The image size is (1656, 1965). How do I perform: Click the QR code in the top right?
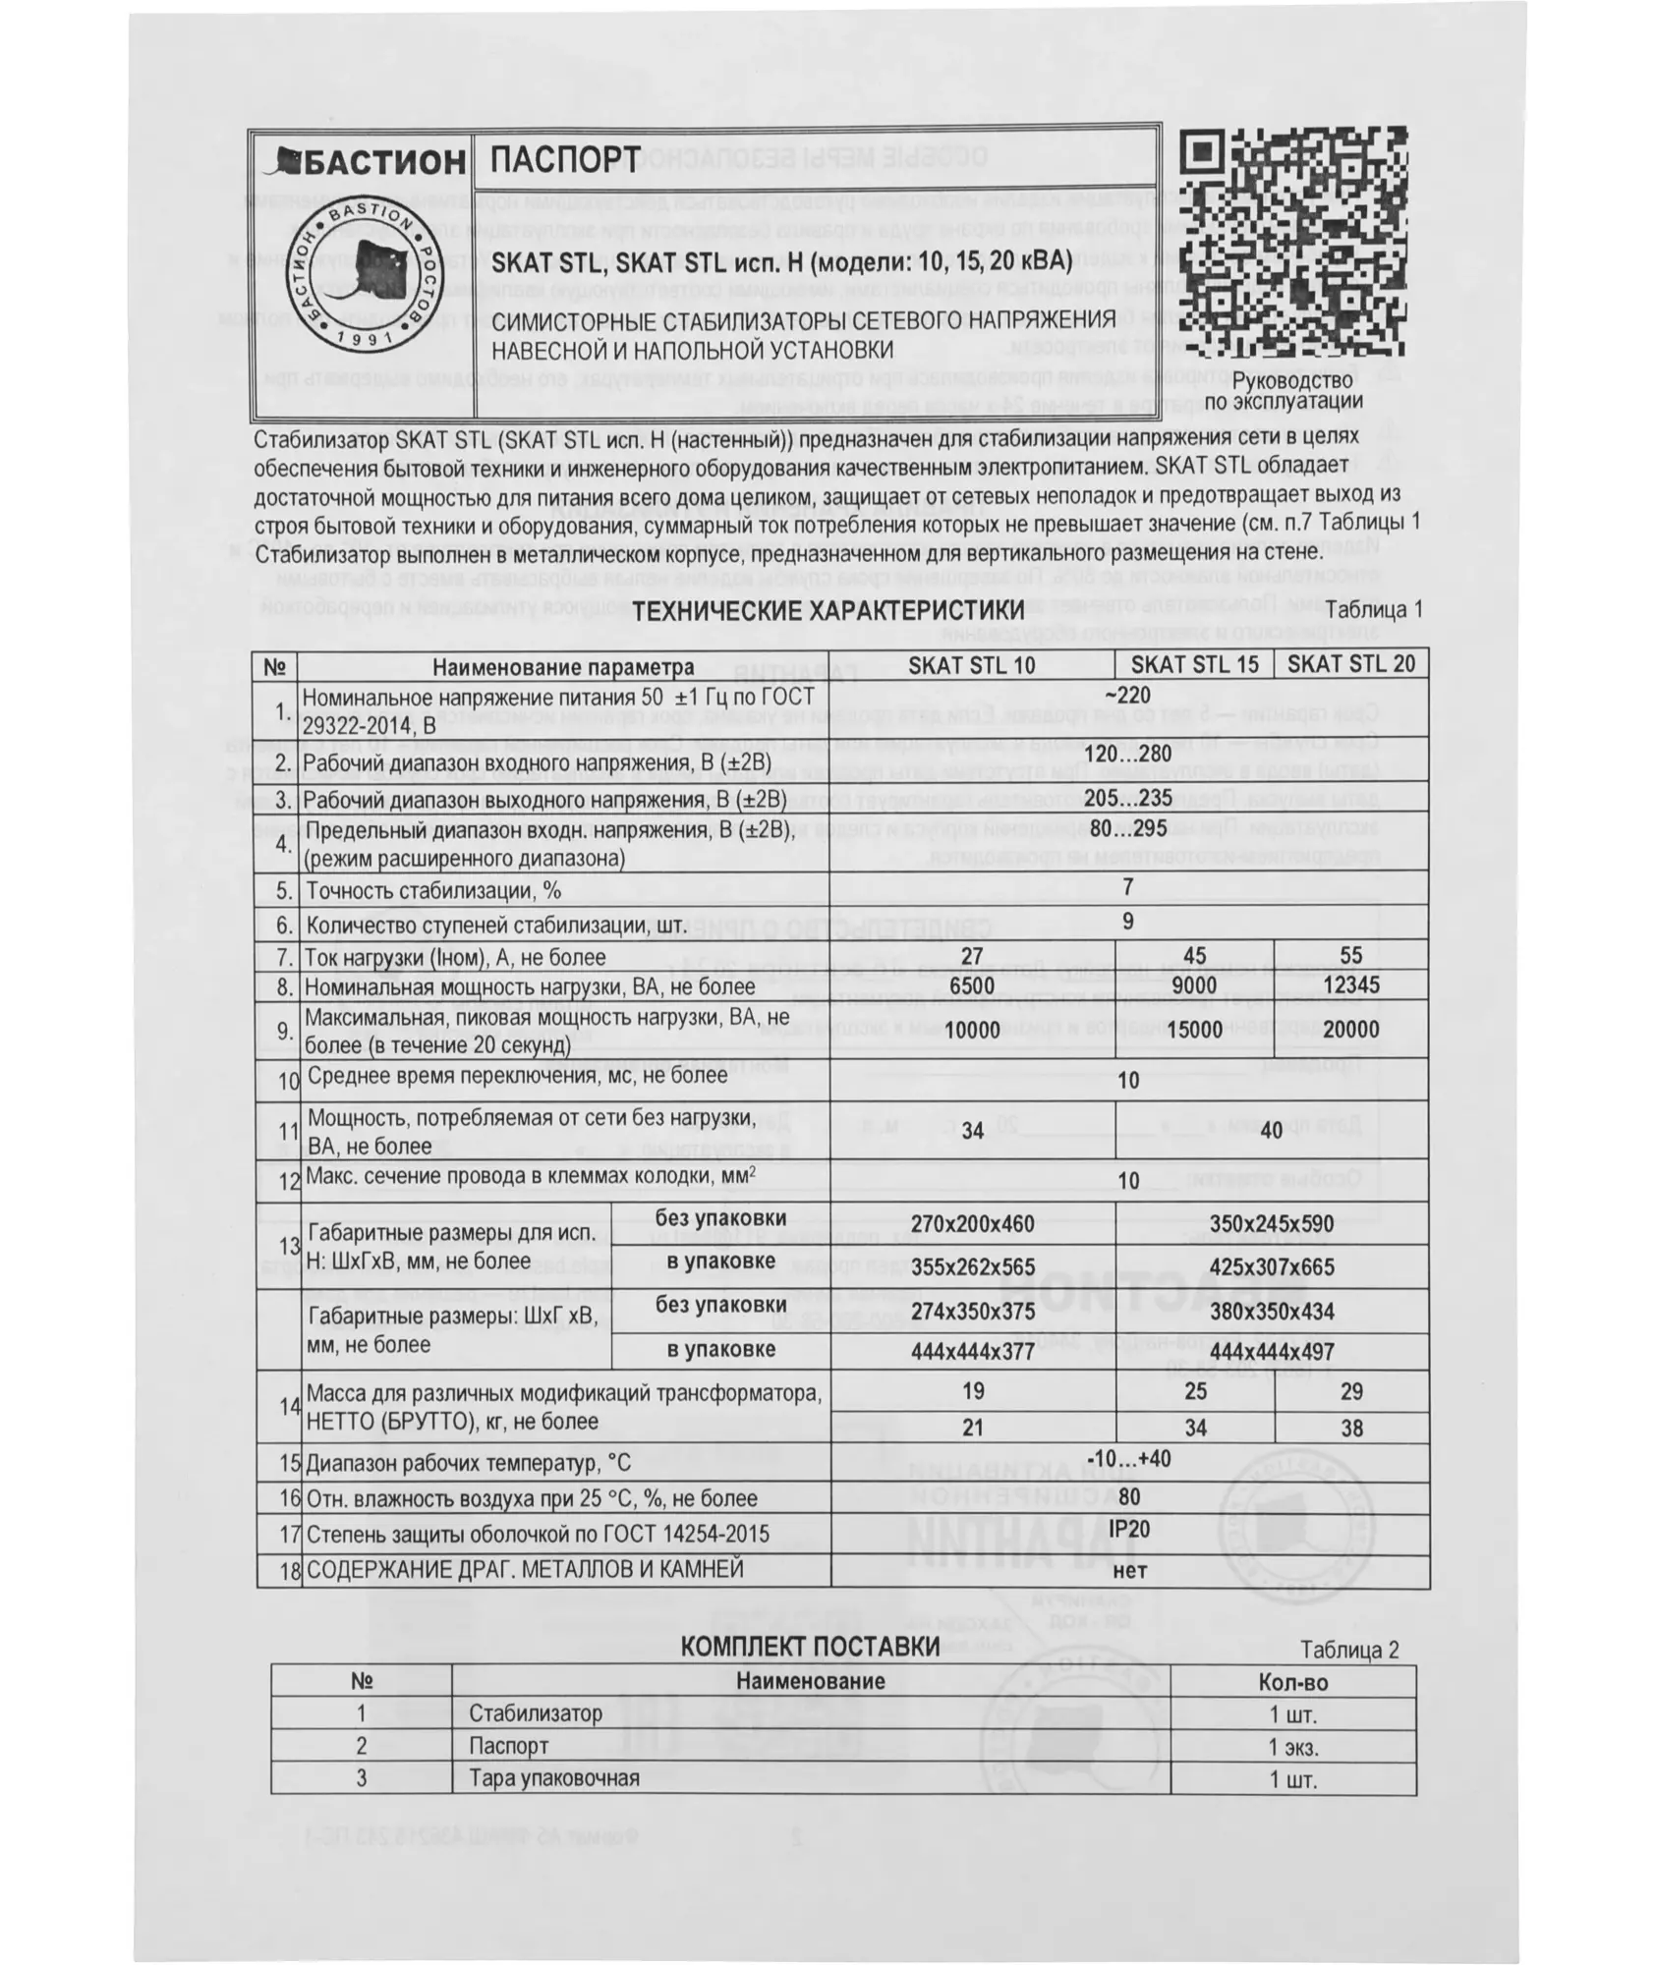(x=1292, y=243)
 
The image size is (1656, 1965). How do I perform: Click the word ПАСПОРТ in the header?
(x=565, y=159)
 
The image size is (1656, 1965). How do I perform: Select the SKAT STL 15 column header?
(x=1194, y=664)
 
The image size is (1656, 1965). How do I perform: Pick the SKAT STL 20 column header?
(x=1350, y=664)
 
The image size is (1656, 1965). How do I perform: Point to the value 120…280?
(x=1127, y=755)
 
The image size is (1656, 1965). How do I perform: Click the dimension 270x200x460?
(x=972, y=1224)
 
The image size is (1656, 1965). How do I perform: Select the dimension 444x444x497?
(x=1271, y=1352)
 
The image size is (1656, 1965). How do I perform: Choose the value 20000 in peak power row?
(x=1350, y=1030)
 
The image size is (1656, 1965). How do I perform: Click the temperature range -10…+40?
(x=1128, y=1458)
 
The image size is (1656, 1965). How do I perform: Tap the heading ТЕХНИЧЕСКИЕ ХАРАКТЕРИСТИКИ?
(x=814, y=611)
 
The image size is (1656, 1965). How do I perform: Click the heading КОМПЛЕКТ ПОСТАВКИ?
(x=810, y=1647)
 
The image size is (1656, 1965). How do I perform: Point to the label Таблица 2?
(x=1348, y=1650)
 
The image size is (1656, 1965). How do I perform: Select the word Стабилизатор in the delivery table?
(x=536, y=1713)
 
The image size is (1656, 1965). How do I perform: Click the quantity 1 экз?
(x=1292, y=1747)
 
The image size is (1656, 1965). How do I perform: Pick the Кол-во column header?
(x=1292, y=1682)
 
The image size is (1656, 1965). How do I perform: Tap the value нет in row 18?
(x=1129, y=1570)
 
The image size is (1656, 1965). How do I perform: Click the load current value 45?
(x=1194, y=956)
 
